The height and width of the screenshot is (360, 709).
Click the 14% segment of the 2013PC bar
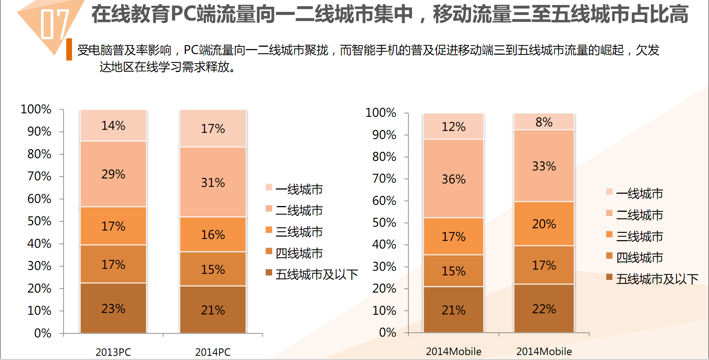pos(113,126)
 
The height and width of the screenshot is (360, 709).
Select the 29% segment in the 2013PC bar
pos(113,174)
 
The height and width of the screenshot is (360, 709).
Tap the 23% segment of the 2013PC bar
pos(113,308)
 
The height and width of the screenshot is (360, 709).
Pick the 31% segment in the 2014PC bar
pos(213,182)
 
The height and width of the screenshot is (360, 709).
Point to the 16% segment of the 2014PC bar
pos(213,234)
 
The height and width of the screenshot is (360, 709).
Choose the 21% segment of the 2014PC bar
pos(213,310)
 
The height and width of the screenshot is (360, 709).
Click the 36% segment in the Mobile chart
pos(453,179)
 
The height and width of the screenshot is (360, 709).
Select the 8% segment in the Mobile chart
pos(544,122)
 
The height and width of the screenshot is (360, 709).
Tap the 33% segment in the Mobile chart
pos(544,166)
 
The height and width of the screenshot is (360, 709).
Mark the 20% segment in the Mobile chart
pos(544,224)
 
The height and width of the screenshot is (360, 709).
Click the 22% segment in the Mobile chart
pos(544,309)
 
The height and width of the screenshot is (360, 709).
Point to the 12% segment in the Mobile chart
pos(453,126)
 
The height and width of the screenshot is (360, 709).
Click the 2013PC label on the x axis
pos(113,352)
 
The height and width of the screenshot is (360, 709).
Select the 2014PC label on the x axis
pos(213,352)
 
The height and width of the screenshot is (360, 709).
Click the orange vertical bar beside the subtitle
pos(69,49)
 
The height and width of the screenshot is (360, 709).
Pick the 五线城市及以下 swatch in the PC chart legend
pos(269,272)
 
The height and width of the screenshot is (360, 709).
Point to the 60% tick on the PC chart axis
pos(39,199)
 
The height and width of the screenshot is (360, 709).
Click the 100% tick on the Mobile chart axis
pos(381,113)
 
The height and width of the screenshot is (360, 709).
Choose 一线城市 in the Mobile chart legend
pos(639,194)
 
